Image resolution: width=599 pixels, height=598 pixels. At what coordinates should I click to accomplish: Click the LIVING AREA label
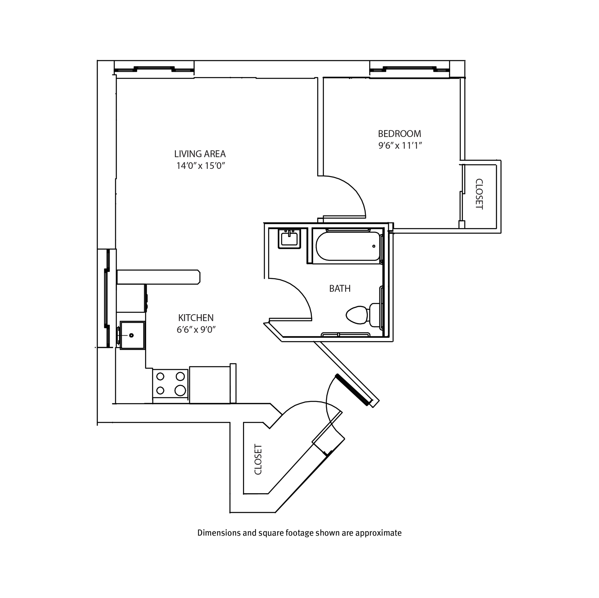(x=200, y=154)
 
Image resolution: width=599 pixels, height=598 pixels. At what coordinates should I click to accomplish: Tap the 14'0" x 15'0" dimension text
(x=200, y=166)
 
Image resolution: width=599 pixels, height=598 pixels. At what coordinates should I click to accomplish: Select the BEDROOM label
(x=399, y=134)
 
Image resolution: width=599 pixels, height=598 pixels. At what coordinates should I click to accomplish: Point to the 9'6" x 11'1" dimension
(x=400, y=145)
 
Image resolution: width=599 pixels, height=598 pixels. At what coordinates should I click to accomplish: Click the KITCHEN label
(x=196, y=318)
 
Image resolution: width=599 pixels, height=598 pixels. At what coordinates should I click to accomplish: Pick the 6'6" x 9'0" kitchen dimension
(x=196, y=330)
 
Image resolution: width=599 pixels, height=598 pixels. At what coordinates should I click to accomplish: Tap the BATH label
(x=340, y=289)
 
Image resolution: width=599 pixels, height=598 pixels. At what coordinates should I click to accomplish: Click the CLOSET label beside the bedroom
(x=479, y=194)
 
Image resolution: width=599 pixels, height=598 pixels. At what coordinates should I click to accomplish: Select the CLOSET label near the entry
(x=258, y=460)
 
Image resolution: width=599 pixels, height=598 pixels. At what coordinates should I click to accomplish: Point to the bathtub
(x=347, y=247)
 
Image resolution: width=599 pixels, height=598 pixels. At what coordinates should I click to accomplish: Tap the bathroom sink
(x=289, y=239)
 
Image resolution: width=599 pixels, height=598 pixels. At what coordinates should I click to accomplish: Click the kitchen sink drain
(x=131, y=335)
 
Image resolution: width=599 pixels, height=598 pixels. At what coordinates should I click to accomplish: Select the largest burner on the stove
(x=180, y=391)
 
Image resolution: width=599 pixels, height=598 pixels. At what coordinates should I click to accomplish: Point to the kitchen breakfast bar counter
(x=158, y=277)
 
